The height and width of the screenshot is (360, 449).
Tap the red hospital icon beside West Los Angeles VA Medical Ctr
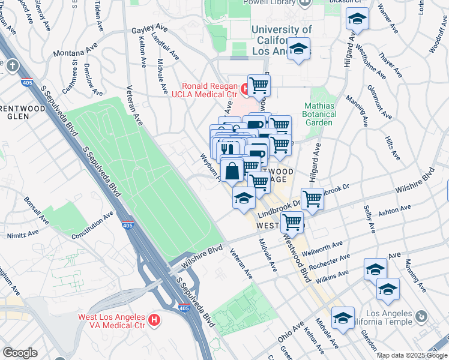coord(154,320)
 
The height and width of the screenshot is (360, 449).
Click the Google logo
coord(20,353)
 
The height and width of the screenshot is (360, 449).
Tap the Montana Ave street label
coord(76,52)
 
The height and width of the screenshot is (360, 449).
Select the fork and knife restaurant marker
coord(226,148)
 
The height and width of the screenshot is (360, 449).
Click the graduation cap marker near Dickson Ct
coord(357,20)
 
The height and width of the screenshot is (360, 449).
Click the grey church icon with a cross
coord(11,65)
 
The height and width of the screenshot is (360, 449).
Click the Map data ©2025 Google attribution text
coord(411,355)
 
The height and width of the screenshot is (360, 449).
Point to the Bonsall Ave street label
coord(35,206)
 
